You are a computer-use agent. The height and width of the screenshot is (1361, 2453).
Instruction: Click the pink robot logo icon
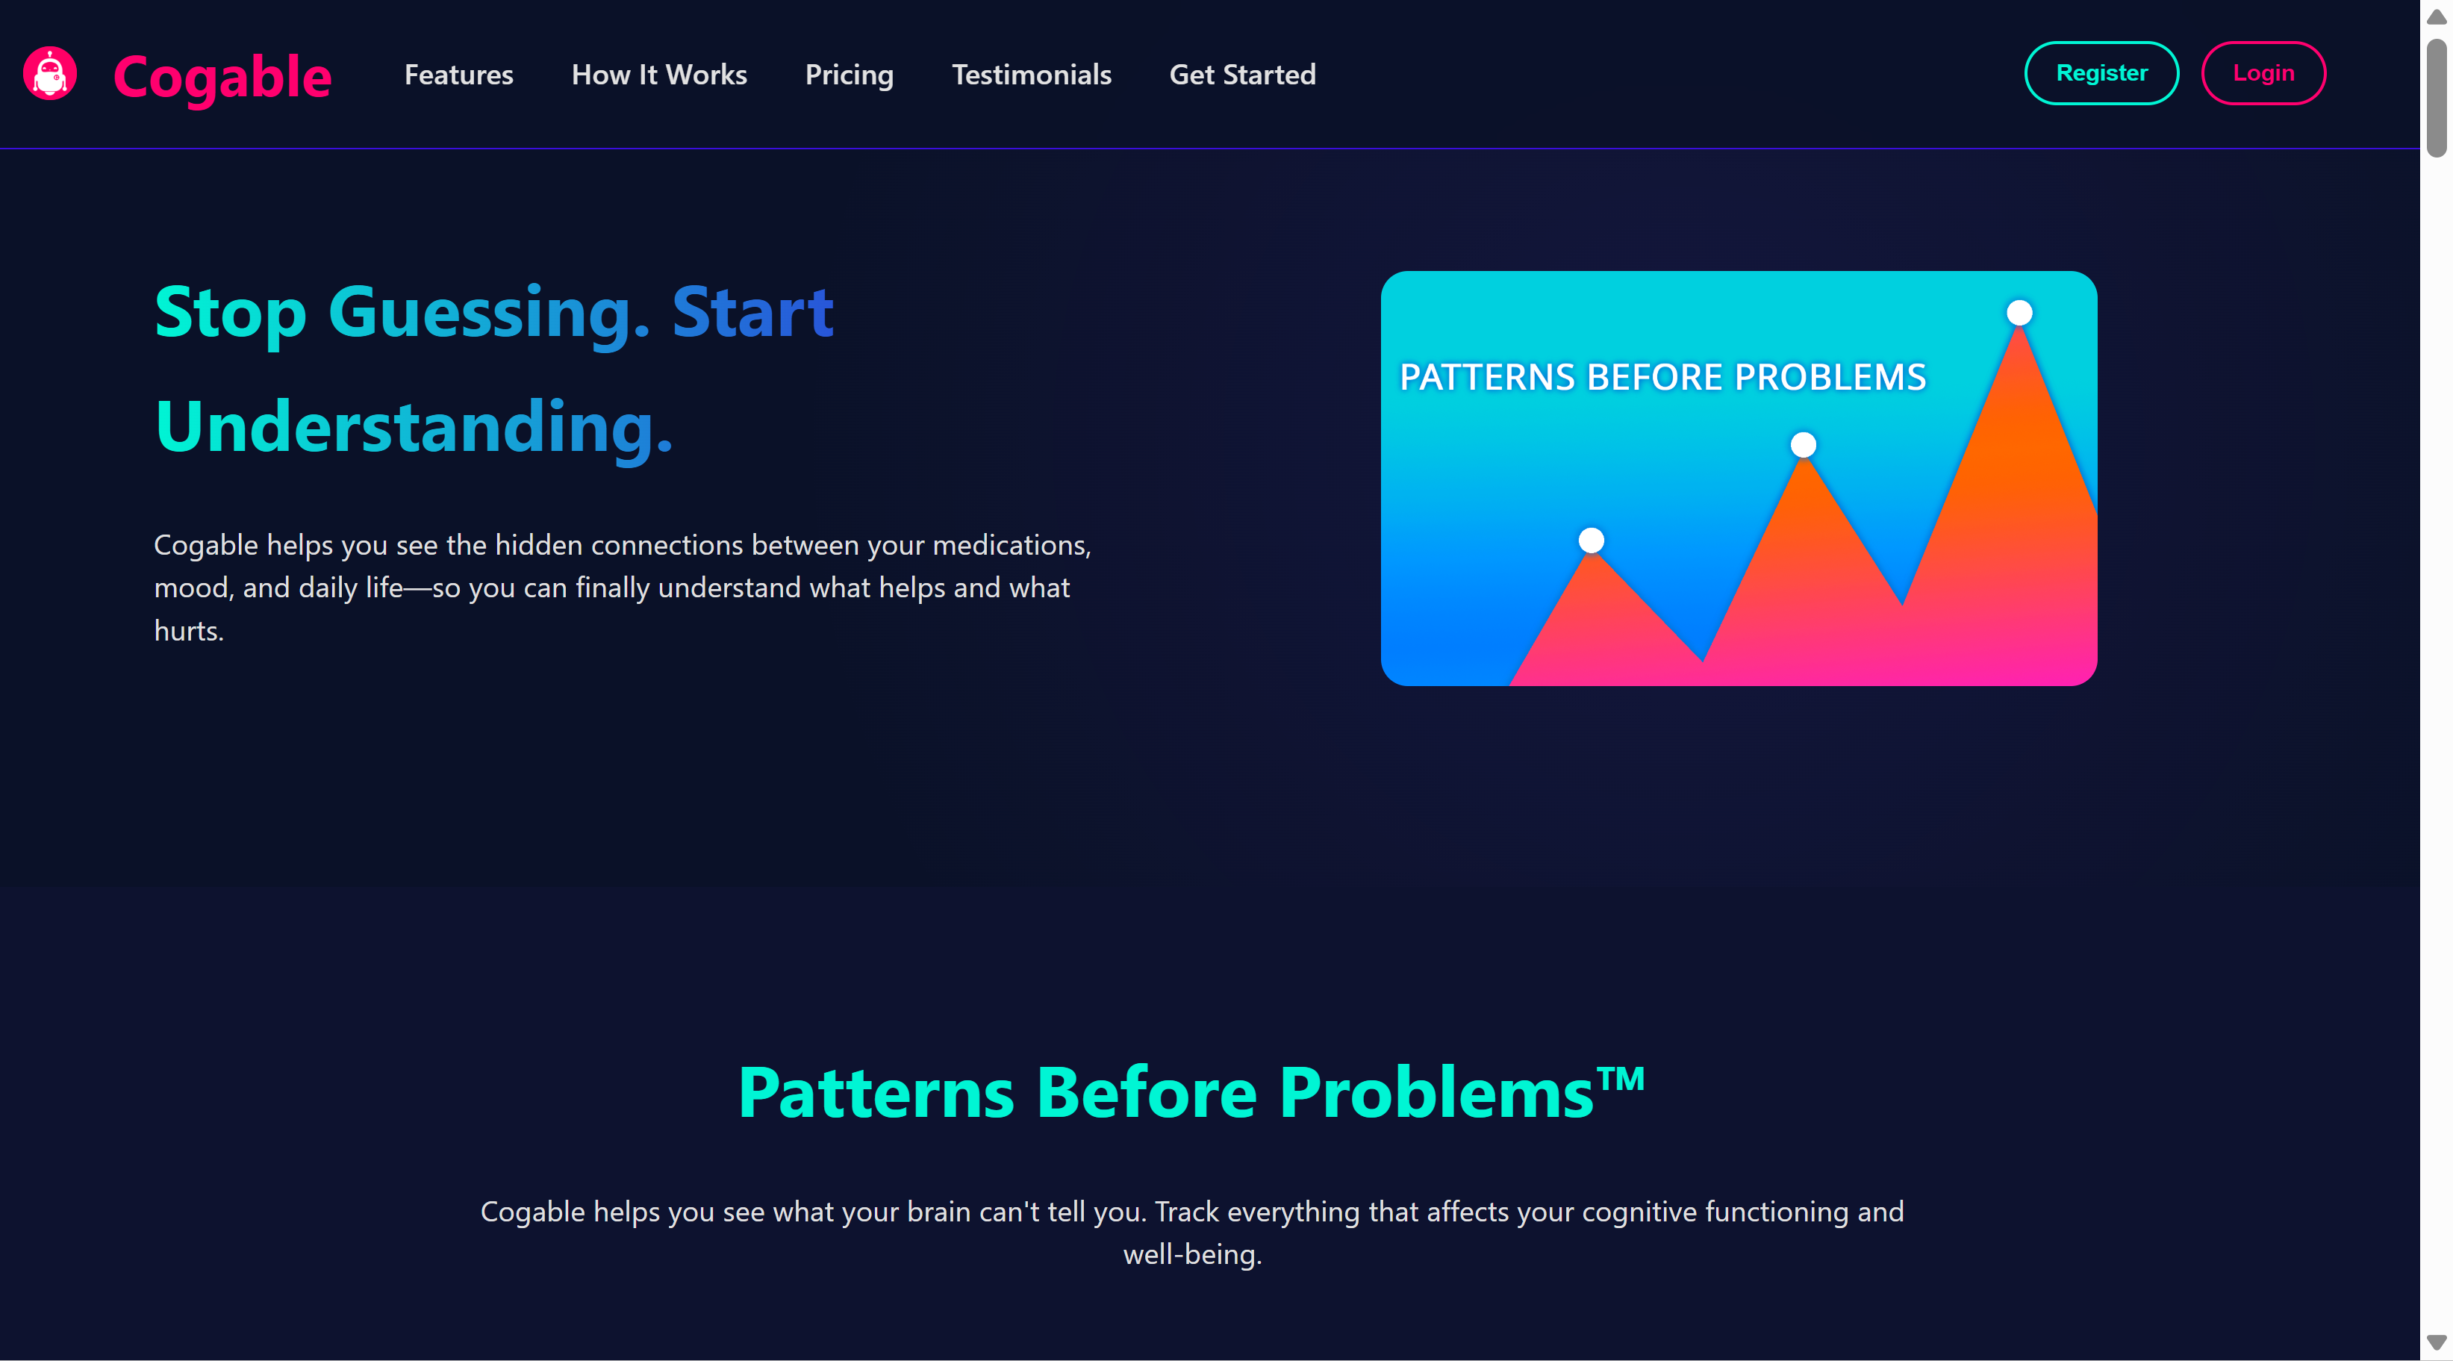point(49,73)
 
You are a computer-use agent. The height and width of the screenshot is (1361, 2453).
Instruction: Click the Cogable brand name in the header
point(222,76)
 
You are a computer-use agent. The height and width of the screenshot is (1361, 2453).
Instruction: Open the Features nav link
point(458,75)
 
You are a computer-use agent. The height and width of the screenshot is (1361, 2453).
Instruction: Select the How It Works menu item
point(659,75)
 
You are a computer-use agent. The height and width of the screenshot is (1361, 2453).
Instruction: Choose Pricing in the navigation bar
point(850,75)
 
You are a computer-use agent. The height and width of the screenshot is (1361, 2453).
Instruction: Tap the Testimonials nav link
point(1031,75)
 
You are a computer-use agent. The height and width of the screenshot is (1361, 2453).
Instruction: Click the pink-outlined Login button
point(2263,73)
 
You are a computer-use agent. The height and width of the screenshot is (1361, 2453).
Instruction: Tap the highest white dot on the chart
point(2019,312)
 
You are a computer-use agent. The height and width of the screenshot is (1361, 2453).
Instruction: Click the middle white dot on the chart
point(1803,445)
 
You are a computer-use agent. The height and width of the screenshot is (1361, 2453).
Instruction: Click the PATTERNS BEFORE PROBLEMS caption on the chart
point(1662,377)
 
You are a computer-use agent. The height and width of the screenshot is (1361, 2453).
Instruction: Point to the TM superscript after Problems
point(1621,1078)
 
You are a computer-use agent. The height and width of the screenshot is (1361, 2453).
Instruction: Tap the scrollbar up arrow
point(2436,17)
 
